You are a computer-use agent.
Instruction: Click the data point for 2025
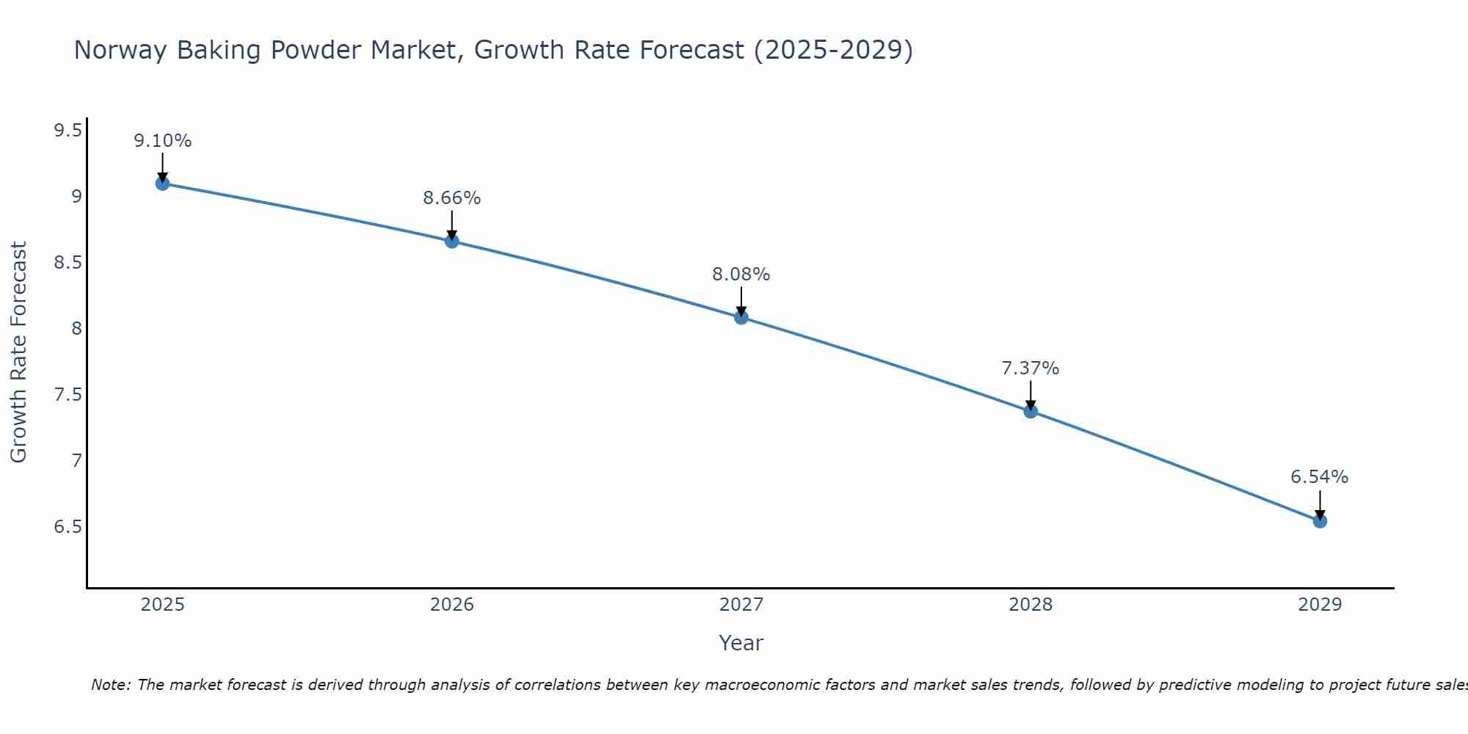tap(162, 183)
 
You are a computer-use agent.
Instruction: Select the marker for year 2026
tap(451, 241)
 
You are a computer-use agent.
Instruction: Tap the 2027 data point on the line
tap(741, 317)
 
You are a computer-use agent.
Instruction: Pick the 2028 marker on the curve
tap(1031, 411)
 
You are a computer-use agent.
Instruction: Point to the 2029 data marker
tap(1320, 521)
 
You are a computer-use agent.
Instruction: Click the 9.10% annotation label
tap(162, 140)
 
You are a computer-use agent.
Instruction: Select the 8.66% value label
tap(451, 197)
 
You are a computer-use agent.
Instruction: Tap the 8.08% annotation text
tap(741, 275)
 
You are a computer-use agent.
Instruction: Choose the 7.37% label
tap(1030, 368)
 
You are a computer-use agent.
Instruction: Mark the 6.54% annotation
tap(1319, 477)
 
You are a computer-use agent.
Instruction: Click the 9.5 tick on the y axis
tap(68, 131)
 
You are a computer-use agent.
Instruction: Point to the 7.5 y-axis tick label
tap(68, 395)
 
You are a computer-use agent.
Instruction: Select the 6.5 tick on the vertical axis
tap(68, 527)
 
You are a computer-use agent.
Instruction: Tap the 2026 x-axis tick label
tap(451, 605)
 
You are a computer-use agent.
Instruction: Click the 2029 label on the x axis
tap(1320, 605)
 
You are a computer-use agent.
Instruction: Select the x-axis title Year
tap(741, 643)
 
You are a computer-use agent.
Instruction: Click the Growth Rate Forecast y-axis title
tap(18, 352)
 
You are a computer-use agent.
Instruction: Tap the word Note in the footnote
tap(110, 685)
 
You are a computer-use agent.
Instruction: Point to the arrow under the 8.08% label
tap(741, 301)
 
